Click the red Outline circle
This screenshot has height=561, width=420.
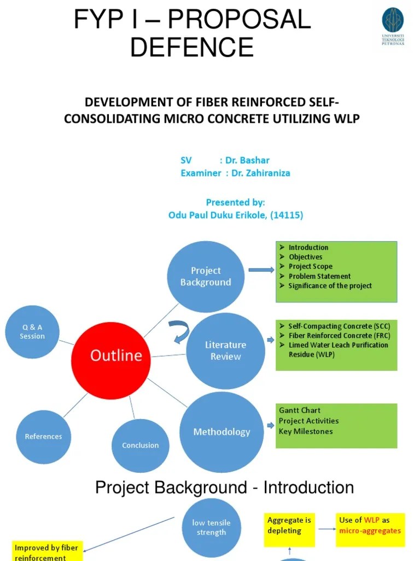point(111,356)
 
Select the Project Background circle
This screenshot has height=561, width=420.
point(206,276)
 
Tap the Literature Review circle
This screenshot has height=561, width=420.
point(225,351)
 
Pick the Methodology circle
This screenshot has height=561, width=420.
point(221,432)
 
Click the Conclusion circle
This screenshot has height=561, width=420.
point(140,445)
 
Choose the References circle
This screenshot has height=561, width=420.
point(44,437)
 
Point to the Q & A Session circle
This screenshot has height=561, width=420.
point(32,331)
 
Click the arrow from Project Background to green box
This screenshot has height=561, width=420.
point(261,270)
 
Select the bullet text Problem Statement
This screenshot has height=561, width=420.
point(319,276)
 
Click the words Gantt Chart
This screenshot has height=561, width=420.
point(300,410)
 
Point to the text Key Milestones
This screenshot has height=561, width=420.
point(306,431)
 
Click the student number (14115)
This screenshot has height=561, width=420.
point(285,215)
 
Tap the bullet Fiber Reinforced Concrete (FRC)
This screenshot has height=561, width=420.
point(339,335)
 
